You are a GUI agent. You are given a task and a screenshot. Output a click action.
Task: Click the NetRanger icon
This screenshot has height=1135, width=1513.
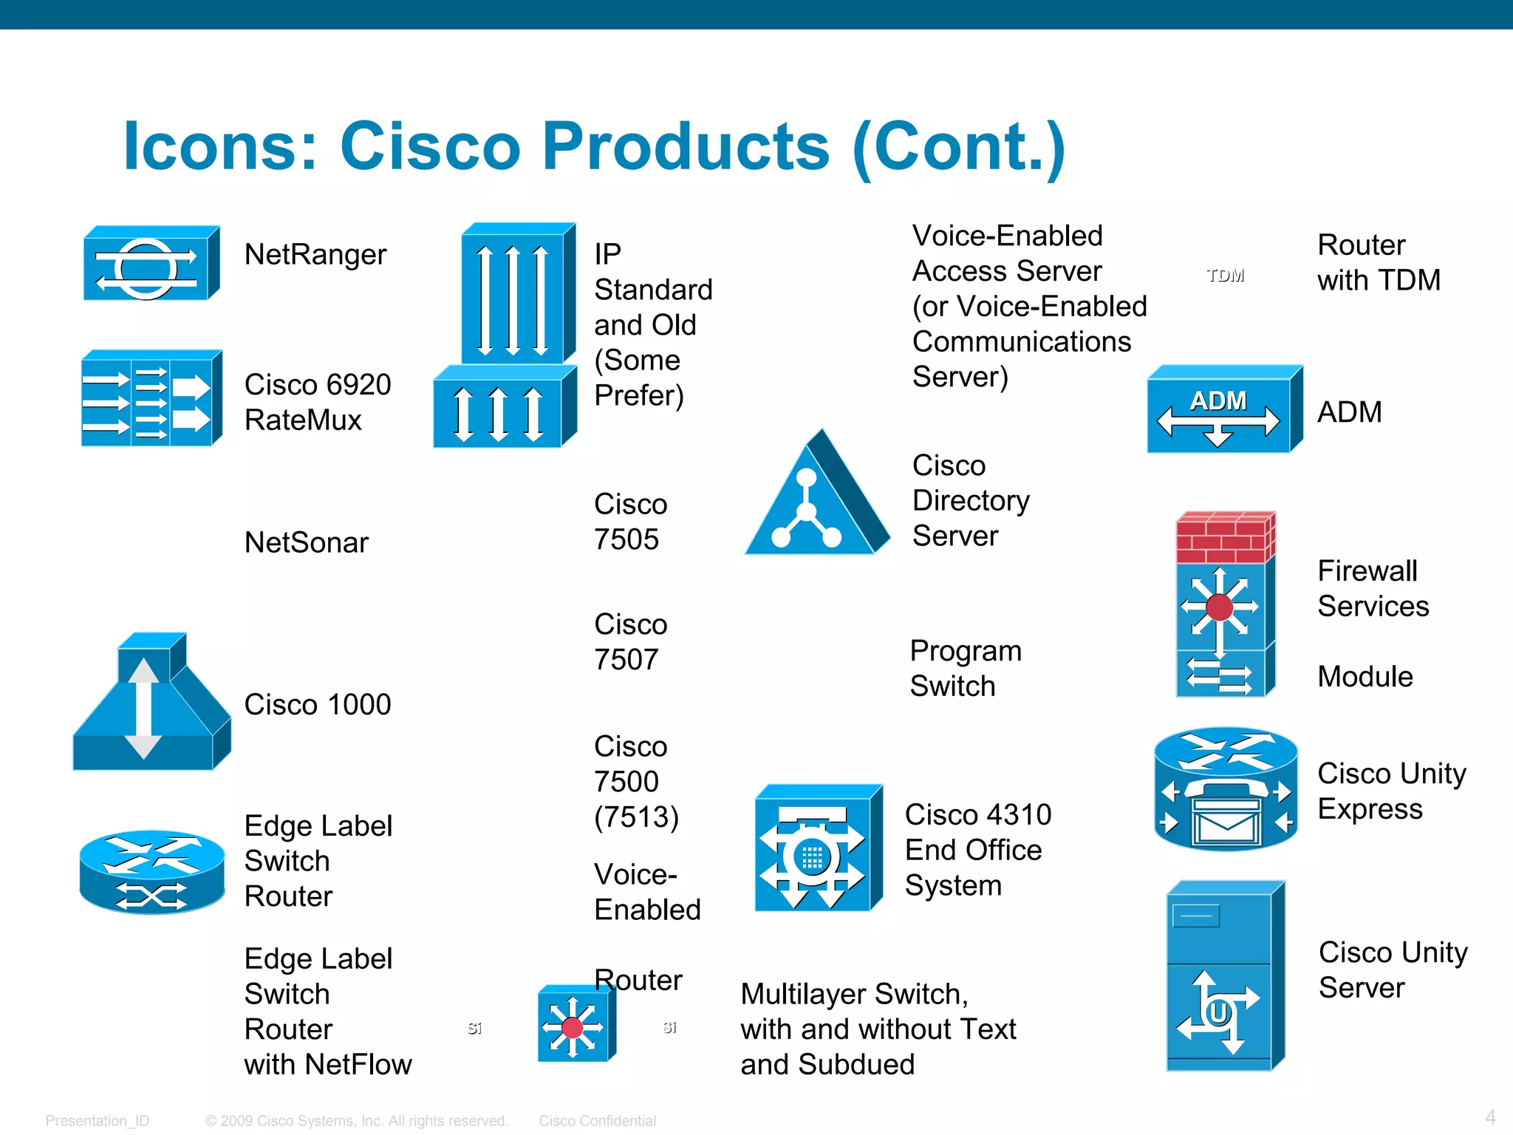pos(151,264)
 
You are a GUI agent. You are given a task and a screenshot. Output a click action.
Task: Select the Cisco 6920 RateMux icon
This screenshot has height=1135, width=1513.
pos(151,398)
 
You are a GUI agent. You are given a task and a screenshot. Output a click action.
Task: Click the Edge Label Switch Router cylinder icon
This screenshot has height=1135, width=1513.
pos(151,872)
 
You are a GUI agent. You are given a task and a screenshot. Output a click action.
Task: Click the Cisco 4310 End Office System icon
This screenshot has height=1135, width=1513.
pos(817,850)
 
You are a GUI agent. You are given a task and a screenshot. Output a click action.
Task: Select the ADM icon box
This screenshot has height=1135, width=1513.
pos(1223,409)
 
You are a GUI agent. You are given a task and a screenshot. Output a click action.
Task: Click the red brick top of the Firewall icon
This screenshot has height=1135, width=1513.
pos(1224,538)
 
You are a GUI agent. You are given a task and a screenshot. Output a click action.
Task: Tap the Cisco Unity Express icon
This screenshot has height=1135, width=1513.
pos(1226,789)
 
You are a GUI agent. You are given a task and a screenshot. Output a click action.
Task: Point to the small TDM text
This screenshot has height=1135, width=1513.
pos(1225,276)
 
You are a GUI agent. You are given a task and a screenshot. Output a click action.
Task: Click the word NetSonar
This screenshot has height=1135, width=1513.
pos(306,542)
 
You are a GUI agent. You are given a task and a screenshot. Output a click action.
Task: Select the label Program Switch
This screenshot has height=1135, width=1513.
pos(965,668)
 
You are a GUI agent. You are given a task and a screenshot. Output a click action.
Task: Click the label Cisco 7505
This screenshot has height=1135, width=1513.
pos(630,522)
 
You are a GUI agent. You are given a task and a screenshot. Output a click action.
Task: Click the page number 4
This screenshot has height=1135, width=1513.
pos(1490,1117)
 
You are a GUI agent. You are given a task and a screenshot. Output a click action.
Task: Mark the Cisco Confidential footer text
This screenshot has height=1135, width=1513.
pos(597,1121)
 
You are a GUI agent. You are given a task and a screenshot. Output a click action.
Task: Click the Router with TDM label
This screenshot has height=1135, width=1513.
pos(1379,262)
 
